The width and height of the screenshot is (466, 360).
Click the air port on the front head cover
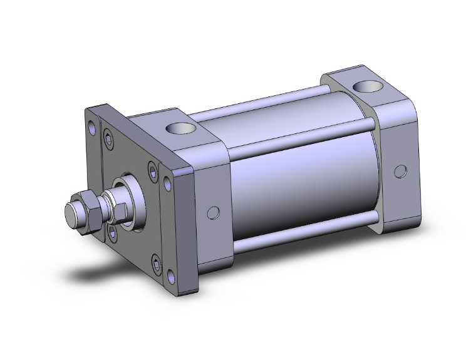pyautogui.click(x=181, y=129)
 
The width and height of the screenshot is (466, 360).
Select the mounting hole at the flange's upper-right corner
pyautogui.click(x=167, y=182)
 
